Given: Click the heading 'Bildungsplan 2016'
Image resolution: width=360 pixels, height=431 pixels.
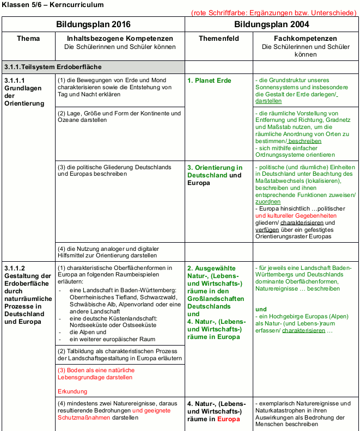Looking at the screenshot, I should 93,24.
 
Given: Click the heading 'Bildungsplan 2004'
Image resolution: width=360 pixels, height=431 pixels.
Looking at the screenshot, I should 272,24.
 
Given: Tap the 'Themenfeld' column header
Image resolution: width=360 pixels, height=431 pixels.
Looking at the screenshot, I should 218,39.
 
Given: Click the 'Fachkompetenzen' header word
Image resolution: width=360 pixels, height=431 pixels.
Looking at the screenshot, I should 305,39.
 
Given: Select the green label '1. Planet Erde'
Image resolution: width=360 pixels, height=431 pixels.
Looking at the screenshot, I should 209,81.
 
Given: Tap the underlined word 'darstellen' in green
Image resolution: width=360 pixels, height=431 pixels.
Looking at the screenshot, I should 269,101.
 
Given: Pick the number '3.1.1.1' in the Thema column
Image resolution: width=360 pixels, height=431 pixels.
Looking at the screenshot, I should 15,81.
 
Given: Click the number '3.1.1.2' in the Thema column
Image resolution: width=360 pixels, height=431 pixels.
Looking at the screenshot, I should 15,268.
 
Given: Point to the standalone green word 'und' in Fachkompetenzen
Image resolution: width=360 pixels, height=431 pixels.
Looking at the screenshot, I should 260,309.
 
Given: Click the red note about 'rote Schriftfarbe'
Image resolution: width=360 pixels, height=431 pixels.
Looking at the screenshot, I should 274,13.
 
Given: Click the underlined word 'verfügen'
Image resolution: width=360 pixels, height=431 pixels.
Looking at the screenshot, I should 266,229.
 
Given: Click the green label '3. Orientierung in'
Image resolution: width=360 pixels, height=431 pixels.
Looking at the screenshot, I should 215,168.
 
